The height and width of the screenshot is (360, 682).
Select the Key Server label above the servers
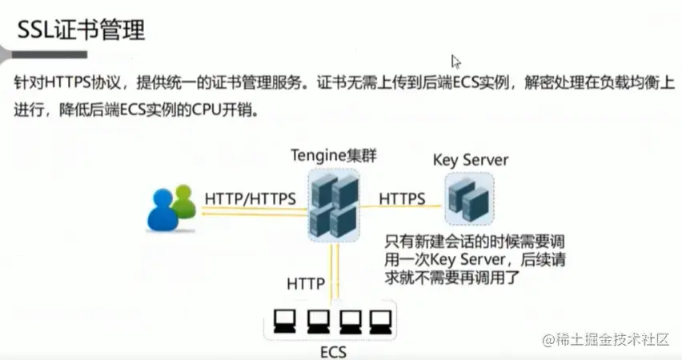tap(470, 159)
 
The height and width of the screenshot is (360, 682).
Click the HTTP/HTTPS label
tap(250, 197)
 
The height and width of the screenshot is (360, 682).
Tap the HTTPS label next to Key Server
tap(402, 198)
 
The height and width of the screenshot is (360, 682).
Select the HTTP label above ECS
tap(305, 283)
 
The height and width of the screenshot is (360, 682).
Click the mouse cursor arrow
tap(455, 61)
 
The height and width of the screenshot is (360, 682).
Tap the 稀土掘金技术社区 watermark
tap(606, 339)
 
